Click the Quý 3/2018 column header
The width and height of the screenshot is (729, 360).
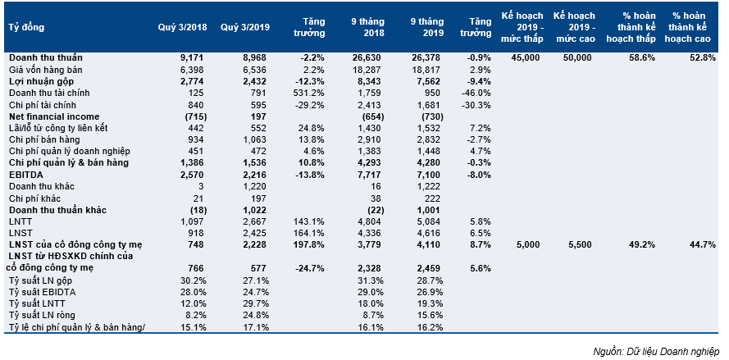(182, 27)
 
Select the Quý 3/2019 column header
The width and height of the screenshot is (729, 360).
(245, 27)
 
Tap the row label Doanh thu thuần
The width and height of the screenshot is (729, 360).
(46, 58)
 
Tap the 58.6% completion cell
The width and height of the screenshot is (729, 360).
(642, 58)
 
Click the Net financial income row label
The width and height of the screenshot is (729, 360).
(54, 116)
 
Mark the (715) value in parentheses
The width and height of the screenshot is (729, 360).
(195, 116)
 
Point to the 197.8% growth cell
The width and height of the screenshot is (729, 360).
(309, 245)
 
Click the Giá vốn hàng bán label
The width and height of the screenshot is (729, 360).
(39, 70)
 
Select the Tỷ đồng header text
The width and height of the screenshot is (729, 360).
(26, 27)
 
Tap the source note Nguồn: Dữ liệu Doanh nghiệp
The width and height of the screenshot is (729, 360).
(656, 351)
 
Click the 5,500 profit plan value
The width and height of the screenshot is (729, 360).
(579, 245)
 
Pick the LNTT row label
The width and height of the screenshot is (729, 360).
(19, 221)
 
